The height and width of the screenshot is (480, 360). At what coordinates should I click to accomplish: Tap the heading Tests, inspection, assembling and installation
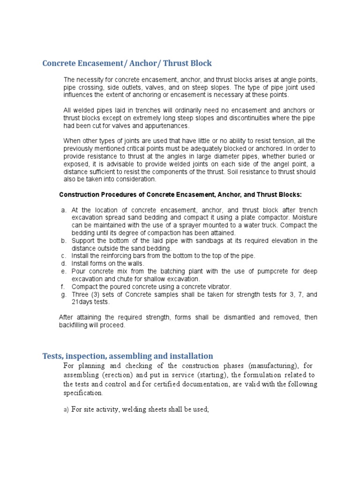tap(127, 356)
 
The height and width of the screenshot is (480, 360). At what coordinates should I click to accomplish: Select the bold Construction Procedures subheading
tap(180, 194)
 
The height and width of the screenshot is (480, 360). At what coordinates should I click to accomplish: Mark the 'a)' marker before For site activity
tap(66, 410)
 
